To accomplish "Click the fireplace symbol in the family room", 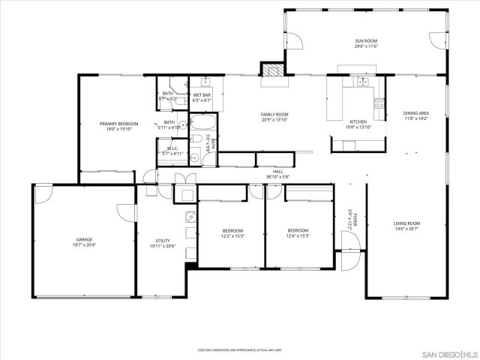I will click(271, 69).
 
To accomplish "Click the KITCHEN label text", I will click(358, 121).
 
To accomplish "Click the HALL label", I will click(277, 171).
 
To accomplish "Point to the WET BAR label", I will click(201, 95).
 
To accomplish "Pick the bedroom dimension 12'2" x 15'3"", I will click(232, 235).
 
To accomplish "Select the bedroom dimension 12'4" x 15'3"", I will click(298, 235).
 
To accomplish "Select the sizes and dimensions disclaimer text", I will click(240, 349).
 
